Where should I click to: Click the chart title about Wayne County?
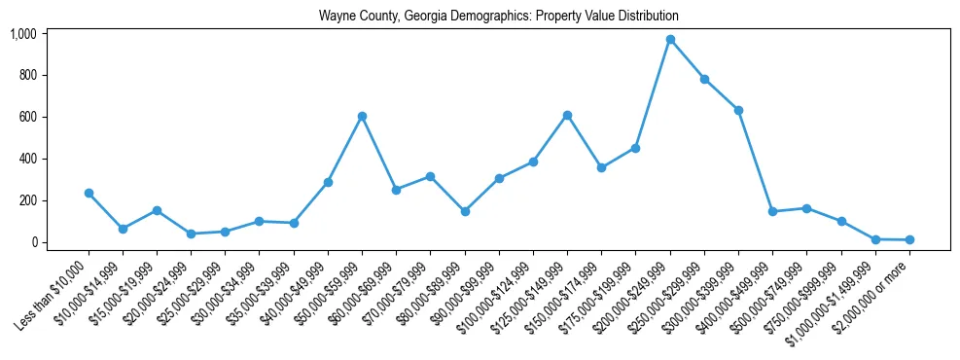[498, 17]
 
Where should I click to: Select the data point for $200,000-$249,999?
[670, 40]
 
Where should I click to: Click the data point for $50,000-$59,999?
[362, 116]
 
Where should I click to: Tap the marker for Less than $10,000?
[89, 193]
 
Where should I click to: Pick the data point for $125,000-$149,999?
[567, 115]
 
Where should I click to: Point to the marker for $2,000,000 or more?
[909, 239]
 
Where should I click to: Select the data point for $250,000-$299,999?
[704, 79]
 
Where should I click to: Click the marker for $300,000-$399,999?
[738, 110]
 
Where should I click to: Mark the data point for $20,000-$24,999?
[191, 234]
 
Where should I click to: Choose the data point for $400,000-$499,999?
[772, 211]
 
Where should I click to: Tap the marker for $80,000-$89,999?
[465, 211]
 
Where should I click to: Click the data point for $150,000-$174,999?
[602, 167]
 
